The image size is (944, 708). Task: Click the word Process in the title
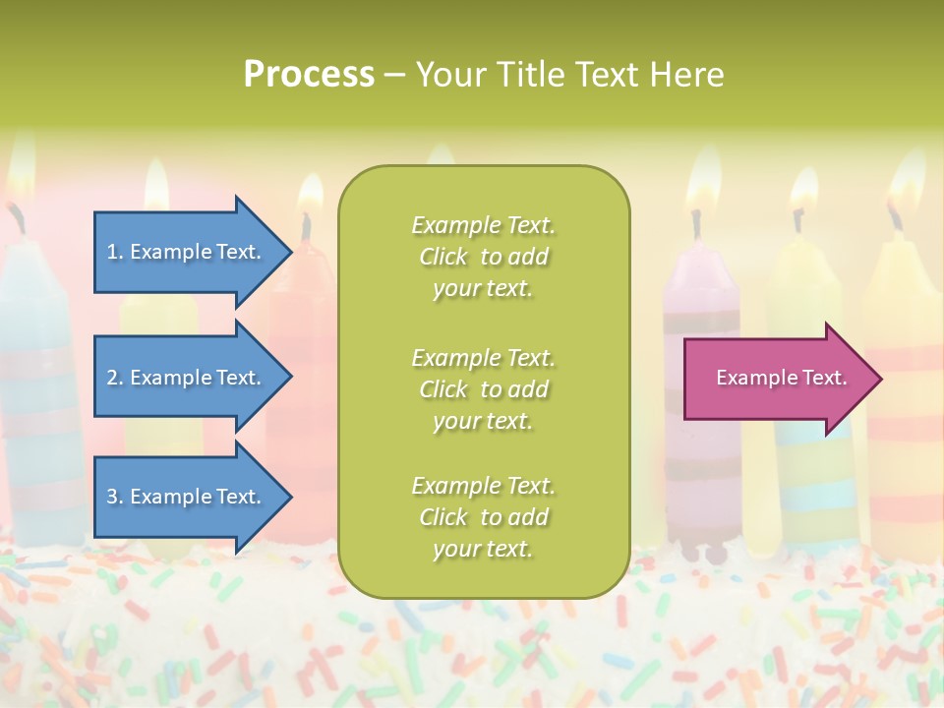(309, 75)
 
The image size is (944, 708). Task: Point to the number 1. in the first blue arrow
(114, 252)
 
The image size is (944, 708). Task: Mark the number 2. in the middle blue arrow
(114, 378)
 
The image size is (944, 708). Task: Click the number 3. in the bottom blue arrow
(114, 497)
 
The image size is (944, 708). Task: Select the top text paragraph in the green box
(483, 257)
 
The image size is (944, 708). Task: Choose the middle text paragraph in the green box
(483, 388)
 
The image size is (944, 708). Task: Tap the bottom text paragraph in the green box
(483, 517)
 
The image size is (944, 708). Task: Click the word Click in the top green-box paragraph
(443, 257)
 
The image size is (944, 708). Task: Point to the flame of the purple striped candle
(702, 182)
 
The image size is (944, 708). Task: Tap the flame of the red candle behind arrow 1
(310, 195)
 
